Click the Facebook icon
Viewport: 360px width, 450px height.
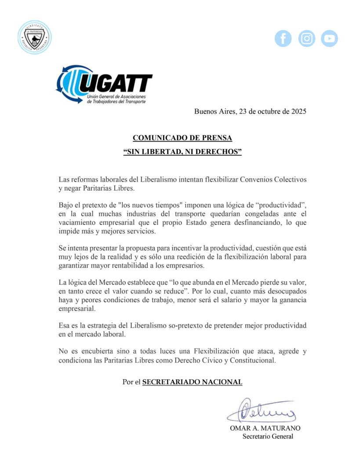[x=283, y=39]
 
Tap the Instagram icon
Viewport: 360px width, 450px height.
[x=306, y=39]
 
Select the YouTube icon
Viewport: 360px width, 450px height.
[x=329, y=39]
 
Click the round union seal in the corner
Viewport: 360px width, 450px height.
[x=35, y=37]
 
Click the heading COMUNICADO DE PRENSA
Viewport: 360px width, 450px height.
[x=182, y=138]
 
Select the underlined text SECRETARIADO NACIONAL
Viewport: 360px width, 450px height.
[x=192, y=382]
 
